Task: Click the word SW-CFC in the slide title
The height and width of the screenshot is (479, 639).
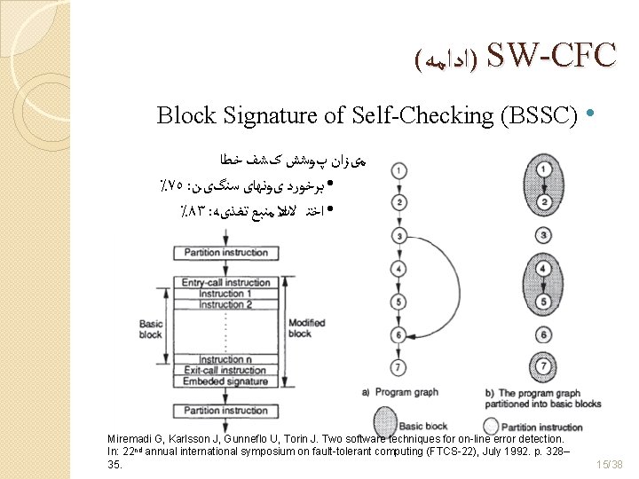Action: click(x=550, y=56)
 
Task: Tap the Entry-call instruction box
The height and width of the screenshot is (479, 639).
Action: click(x=226, y=282)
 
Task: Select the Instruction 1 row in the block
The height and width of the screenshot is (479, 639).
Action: click(x=226, y=294)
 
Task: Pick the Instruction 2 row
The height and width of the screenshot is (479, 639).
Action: click(x=226, y=304)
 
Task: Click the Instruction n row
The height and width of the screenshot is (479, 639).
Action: click(x=226, y=359)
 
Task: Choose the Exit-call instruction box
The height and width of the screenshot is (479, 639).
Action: click(x=226, y=370)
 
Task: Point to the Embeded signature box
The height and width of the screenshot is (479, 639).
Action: click(x=226, y=381)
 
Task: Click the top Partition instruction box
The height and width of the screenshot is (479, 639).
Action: click(x=226, y=253)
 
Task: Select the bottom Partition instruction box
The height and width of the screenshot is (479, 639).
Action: click(x=226, y=411)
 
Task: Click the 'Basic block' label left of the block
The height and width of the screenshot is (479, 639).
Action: click(x=151, y=329)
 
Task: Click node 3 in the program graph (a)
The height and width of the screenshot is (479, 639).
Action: click(x=400, y=235)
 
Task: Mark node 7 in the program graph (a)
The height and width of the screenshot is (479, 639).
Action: click(x=400, y=366)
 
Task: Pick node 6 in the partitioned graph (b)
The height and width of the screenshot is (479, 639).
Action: click(x=542, y=335)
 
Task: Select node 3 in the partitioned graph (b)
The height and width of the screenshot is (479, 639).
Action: click(x=542, y=235)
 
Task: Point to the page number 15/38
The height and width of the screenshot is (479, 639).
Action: click(x=610, y=464)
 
